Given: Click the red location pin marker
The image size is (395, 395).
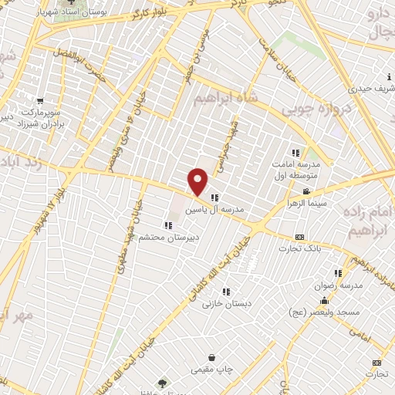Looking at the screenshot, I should [x=198, y=181].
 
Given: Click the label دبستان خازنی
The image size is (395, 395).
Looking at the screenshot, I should [x=225, y=304].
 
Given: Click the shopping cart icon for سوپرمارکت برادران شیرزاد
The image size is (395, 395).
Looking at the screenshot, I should [x=39, y=101].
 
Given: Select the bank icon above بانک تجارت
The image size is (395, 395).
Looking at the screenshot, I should [x=299, y=237].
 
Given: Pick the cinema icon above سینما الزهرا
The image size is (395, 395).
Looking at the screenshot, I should [x=308, y=192].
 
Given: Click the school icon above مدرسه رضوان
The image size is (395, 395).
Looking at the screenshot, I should [x=337, y=272].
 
